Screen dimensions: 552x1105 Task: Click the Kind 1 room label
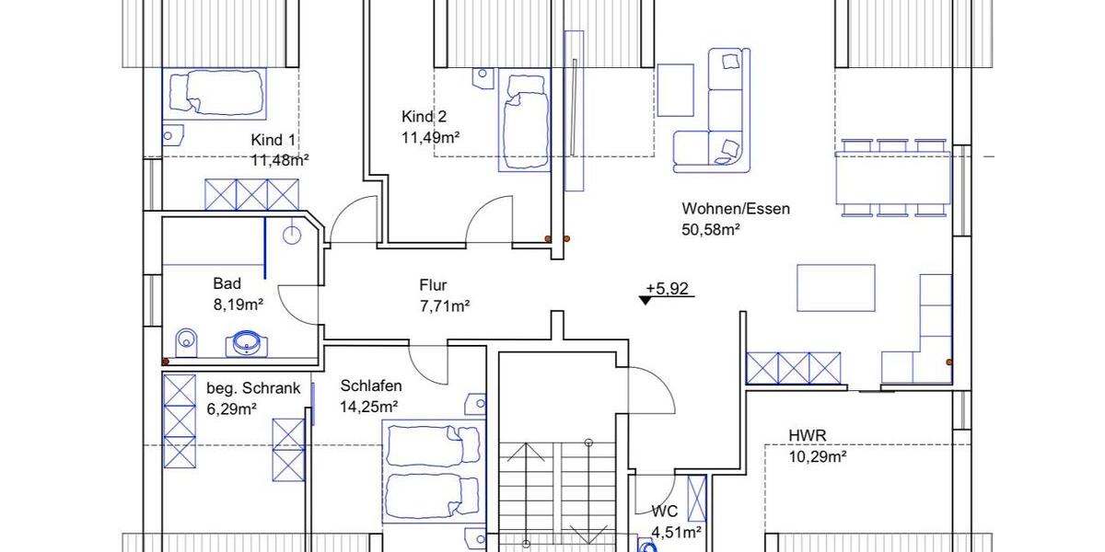(273, 140)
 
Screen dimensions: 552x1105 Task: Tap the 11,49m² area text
(430, 137)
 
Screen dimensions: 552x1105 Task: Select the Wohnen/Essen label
(736, 209)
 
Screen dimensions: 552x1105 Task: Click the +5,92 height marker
(668, 289)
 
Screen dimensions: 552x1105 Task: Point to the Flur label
(433, 286)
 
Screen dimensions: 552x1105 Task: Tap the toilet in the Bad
(186, 341)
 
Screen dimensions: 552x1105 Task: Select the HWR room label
(807, 435)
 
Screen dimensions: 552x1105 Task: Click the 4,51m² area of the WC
(677, 531)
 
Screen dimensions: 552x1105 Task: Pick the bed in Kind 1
(215, 91)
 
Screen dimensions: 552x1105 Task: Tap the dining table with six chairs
(893, 178)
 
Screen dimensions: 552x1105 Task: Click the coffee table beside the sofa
(675, 89)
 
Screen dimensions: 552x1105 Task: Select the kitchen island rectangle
(835, 288)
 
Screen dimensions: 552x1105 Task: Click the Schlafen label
(370, 385)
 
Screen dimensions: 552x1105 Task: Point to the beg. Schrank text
(252, 388)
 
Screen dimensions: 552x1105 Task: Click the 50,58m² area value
(712, 229)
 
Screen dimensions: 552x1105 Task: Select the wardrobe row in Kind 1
(252, 194)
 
